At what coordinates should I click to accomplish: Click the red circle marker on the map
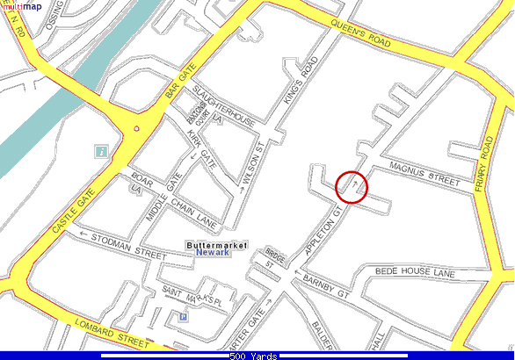352,186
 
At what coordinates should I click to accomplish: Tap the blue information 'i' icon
103,152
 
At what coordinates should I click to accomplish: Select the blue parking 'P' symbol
183,317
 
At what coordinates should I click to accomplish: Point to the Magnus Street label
424,172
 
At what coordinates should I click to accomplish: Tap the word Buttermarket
217,244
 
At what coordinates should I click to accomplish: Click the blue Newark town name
212,253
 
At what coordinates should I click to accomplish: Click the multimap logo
21,6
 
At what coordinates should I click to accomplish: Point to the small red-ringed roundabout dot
135,129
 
